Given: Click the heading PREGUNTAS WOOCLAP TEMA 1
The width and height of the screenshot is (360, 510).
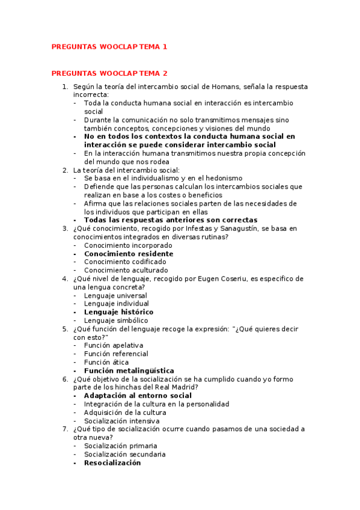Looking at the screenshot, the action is coord(109,46).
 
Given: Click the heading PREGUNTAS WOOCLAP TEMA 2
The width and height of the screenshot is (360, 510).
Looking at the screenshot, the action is coord(109,73).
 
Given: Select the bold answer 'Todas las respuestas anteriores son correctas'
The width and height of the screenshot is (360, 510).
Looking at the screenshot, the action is coord(171,220).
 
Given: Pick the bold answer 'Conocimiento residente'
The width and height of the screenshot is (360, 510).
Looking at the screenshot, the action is coord(129,254).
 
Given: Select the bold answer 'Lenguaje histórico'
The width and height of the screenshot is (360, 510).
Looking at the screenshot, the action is coord(118,312).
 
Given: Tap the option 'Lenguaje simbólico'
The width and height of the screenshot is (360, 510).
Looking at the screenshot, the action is coord(116,321).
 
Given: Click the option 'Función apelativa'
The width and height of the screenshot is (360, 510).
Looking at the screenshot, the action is coord(114,346).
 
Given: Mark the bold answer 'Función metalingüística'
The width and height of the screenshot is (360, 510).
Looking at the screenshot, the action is coord(129,371).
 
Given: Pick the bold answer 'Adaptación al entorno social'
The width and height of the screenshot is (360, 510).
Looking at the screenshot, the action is coord(138,396).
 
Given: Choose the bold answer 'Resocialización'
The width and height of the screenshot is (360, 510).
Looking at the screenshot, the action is coord(112,463).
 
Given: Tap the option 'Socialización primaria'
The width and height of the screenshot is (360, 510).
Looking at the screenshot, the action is coord(121,446).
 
